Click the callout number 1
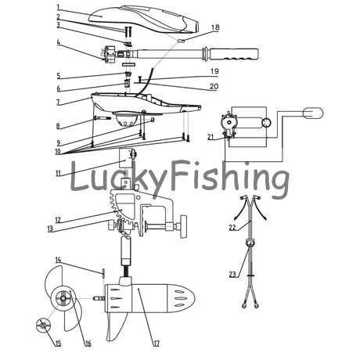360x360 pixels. (x=59, y=7)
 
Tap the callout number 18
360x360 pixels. (x=215, y=27)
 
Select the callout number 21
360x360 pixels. (x=211, y=137)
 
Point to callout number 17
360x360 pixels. (x=156, y=344)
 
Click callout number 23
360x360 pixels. (x=232, y=274)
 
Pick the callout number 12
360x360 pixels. (x=58, y=220)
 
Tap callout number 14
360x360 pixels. (x=58, y=260)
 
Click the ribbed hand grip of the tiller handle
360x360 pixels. (x=234, y=54)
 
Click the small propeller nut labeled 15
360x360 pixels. (x=43, y=325)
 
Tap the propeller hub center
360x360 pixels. (x=63, y=298)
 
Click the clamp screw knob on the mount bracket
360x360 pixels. (x=184, y=226)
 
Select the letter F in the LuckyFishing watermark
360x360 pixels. (x=181, y=175)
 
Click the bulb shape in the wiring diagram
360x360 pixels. (x=313, y=113)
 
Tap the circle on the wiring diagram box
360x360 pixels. (x=266, y=123)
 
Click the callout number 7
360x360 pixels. (x=58, y=103)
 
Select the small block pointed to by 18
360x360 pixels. (x=182, y=41)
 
